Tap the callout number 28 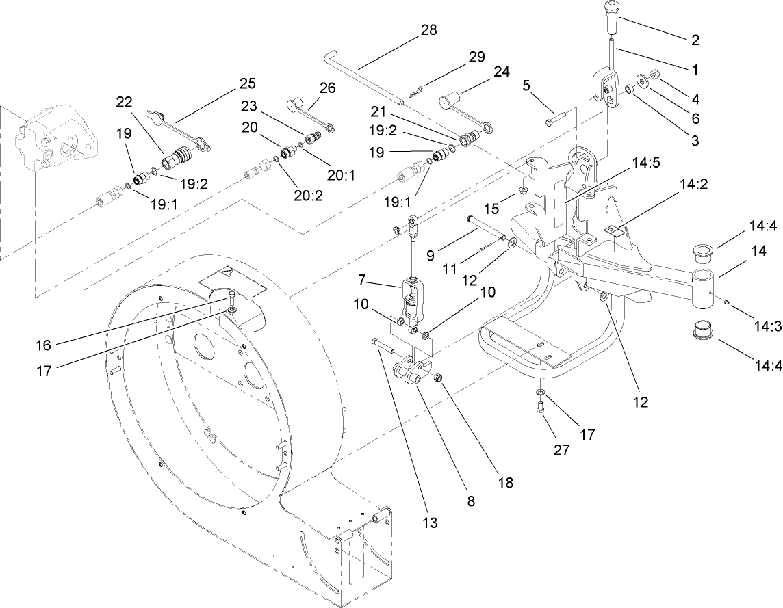click(428, 30)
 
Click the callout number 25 click(248, 83)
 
